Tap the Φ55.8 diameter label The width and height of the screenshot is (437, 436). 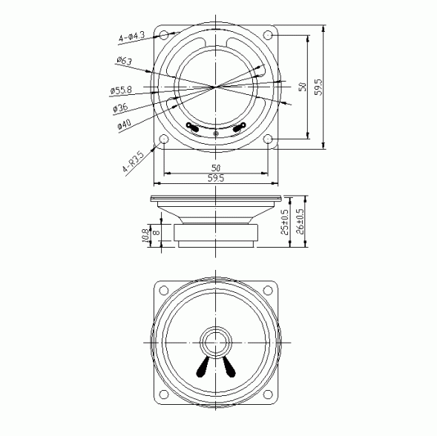[x=120, y=90]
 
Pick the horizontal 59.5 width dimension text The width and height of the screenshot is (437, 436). [x=216, y=179]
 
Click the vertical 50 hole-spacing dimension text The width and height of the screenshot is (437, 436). [x=301, y=87]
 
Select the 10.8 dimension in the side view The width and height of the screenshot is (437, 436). [x=145, y=235]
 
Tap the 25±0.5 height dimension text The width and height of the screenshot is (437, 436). [x=286, y=221]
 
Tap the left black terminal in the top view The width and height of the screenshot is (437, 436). [x=192, y=128]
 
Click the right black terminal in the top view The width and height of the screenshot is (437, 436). [x=239, y=128]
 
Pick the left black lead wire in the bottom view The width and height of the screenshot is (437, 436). [x=203, y=365]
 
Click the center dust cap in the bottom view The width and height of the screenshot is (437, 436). [x=215, y=343]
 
